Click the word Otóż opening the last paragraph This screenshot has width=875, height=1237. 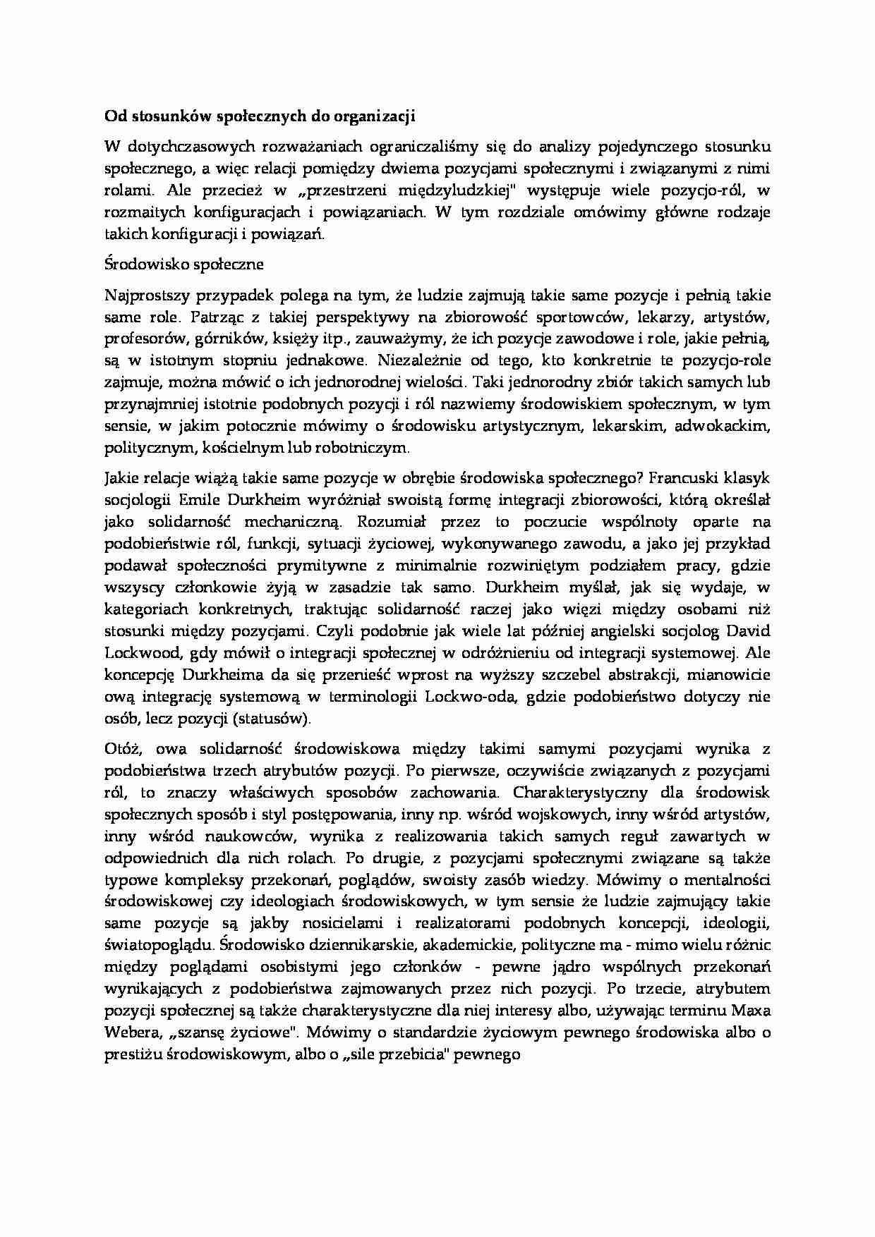tap(123, 749)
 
